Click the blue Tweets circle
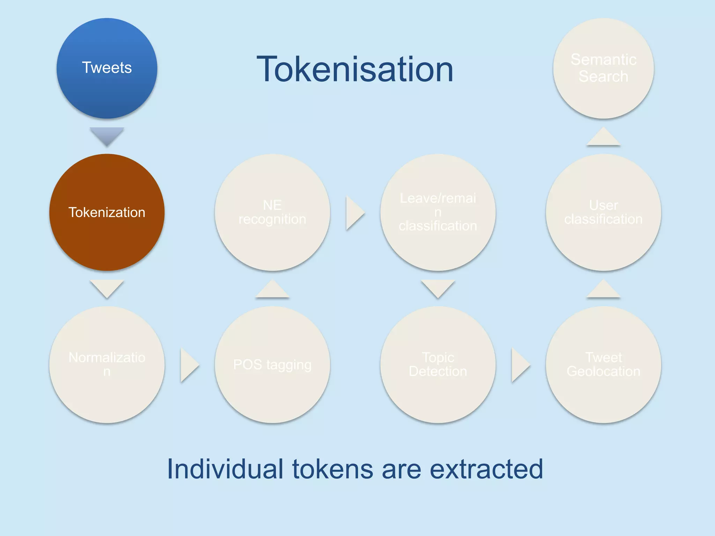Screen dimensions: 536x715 coord(107,68)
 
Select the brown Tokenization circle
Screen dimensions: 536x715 coord(107,212)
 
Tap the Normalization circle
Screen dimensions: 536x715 coord(107,365)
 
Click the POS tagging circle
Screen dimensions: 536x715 coord(272,365)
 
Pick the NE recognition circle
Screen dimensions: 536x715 coord(272,212)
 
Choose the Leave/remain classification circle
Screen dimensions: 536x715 coord(438,212)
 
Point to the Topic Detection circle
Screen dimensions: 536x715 coord(438,365)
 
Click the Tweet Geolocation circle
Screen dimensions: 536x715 coord(603,365)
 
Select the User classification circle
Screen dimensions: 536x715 coord(603,212)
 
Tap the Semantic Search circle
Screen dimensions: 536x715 coord(603,68)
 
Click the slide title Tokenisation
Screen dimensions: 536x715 coord(355,70)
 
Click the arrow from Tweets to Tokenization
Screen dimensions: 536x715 coord(107,135)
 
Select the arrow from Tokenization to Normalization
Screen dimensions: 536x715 coord(107,288)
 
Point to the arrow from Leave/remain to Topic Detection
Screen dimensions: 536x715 coord(438,288)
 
